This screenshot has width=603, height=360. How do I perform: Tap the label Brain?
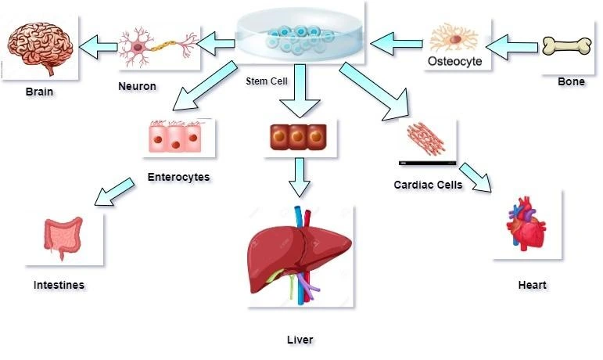tap(39, 92)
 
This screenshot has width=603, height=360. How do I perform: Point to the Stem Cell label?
tap(266, 81)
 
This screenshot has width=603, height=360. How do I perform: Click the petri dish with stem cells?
tap(300, 36)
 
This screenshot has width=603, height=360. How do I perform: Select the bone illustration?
tap(569, 45)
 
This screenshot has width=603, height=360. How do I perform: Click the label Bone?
tap(570, 81)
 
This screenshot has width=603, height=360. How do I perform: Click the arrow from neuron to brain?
tap(99, 47)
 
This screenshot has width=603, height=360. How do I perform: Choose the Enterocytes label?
tap(179, 177)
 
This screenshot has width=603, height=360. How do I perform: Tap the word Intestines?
tap(59, 285)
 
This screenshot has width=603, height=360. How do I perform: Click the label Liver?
tap(300, 339)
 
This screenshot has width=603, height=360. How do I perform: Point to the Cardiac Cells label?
tap(428, 185)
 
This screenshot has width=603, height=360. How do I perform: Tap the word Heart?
tap(532, 285)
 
